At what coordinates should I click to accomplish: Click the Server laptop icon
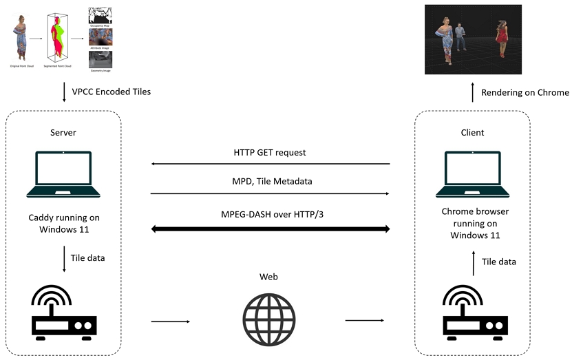coord(64,172)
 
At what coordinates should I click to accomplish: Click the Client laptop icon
coord(473,172)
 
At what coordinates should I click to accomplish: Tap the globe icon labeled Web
coord(269,321)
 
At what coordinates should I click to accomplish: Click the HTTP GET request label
coord(271,152)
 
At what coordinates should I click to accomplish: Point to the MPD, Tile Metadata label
coord(271,182)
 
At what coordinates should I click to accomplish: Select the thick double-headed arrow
coord(271,227)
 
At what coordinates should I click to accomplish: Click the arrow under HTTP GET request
coord(271,164)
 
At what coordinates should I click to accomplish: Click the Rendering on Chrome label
coord(525,92)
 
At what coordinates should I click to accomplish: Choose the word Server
coord(64,131)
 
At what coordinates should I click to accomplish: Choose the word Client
coord(473,131)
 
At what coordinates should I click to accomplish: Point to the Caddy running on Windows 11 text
coord(64,224)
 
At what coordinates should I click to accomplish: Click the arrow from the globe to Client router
coord(364,320)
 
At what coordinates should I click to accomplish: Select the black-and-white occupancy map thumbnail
coord(101,14)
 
